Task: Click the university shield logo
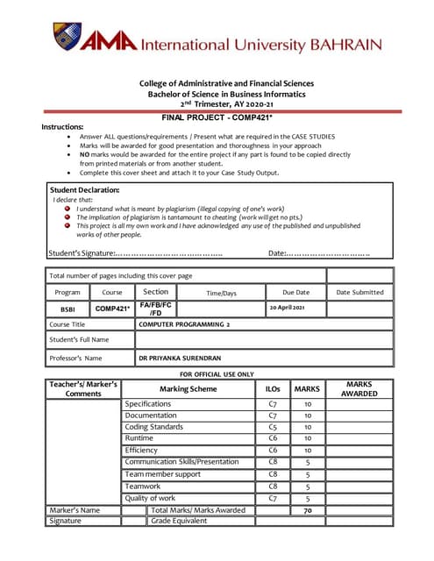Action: pos(67,39)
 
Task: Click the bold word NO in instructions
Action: pos(86,153)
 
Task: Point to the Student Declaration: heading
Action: pos(85,189)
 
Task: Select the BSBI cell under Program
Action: pos(68,309)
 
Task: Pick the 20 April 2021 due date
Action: pos(287,308)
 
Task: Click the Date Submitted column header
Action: pos(359,292)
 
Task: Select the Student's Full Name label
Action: pos(80,339)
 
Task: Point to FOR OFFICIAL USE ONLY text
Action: pos(217,373)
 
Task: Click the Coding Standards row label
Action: pos(153,427)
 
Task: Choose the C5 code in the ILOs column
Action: pos(273,427)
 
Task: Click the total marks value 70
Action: pos(308,509)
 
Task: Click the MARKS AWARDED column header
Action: pos(359,389)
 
